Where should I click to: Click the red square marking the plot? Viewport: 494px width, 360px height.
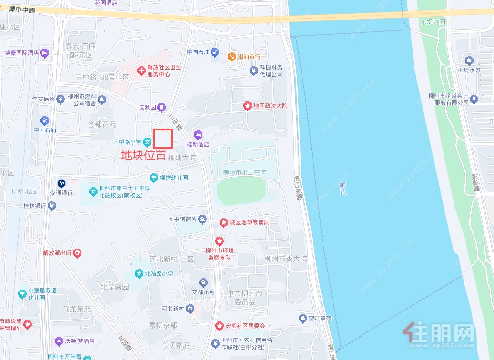click(162, 138)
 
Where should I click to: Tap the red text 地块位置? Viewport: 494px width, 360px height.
click(143, 155)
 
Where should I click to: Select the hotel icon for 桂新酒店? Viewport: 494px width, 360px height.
click(198, 135)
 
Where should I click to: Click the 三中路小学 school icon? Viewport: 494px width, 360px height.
click(148, 141)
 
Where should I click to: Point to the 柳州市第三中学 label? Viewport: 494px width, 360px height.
click(244, 172)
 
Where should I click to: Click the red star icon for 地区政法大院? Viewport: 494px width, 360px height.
click(247, 106)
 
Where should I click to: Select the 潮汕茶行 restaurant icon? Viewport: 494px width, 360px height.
click(232, 57)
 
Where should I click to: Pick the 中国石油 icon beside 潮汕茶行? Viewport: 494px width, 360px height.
click(215, 52)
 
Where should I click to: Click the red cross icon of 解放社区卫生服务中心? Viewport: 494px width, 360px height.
click(141, 70)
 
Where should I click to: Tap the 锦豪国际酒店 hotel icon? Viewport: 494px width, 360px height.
click(45, 52)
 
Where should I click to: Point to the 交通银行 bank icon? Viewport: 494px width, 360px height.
click(61, 183)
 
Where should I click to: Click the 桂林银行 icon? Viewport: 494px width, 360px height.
click(52, 206)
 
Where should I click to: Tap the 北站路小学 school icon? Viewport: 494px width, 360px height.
click(139, 273)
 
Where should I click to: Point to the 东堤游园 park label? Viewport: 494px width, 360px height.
click(433, 22)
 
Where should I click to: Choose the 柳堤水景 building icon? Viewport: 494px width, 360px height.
click(469, 60)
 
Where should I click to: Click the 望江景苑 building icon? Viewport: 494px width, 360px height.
click(302, 318)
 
